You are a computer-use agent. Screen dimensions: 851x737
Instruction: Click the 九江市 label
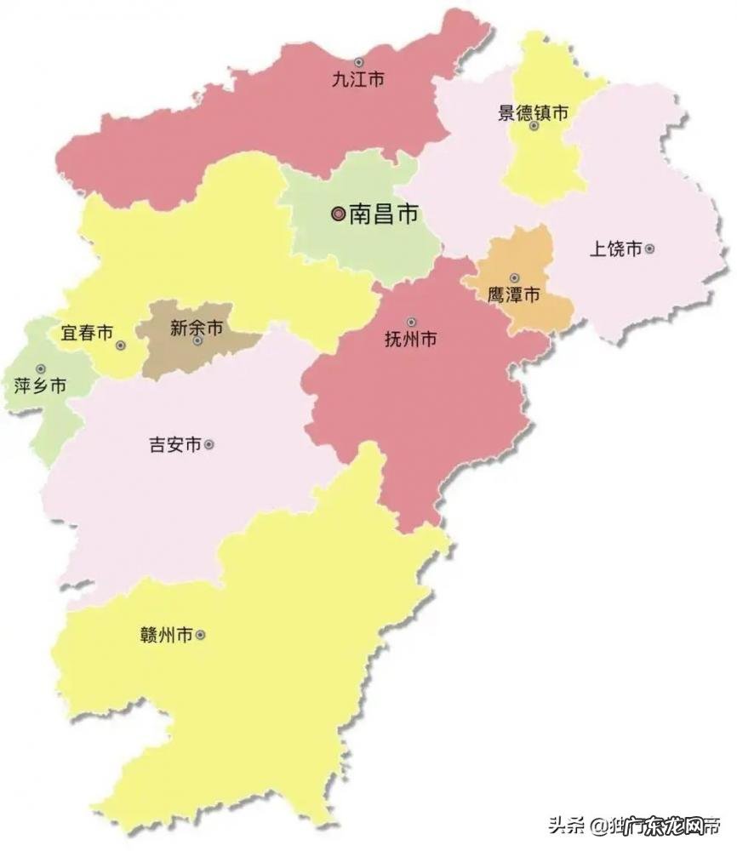click(358, 81)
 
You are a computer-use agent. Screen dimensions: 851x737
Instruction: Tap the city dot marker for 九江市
click(359, 62)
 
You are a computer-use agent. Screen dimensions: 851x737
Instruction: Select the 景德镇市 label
click(533, 111)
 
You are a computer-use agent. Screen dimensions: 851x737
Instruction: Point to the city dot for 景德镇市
click(534, 126)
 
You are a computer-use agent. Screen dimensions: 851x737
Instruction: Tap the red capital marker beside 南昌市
click(339, 215)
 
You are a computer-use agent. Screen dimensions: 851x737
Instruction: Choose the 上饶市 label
click(615, 249)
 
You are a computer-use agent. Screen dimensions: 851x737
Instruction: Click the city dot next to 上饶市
click(650, 249)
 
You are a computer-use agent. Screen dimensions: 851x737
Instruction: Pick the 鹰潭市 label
click(513, 296)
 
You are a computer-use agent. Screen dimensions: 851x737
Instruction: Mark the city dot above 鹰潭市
click(514, 278)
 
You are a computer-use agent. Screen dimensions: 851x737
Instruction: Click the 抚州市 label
click(411, 340)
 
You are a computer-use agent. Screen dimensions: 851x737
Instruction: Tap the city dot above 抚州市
click(411, 323)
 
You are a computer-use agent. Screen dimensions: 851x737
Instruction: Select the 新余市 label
click(197, 327)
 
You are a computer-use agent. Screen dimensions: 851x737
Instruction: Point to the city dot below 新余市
click(197, 341)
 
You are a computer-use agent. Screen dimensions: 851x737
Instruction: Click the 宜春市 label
click(87, 334)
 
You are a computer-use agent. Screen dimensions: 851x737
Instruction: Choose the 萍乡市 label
click(40, 386)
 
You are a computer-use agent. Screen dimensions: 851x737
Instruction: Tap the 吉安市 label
click(174, 445)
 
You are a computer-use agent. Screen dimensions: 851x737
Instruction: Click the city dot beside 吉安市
click(209, 444)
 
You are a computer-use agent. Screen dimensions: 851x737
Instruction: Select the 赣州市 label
click(166, 635)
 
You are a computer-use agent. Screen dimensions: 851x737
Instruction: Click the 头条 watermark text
click(565, 825)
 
